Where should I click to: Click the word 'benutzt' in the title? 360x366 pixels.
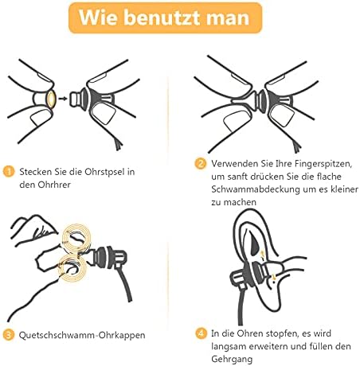click(x=162, y=18)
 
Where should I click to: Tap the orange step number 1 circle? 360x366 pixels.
click(x=9, y=172)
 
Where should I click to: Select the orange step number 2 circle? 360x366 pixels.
click(x=201, y=164)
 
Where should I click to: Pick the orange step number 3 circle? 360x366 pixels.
click(x=9, y=335)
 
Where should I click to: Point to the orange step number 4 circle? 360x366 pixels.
click(x=201, y=333)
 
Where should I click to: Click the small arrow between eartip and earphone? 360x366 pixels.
click(x=63, y=99)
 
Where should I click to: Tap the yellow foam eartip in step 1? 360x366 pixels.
click(x=50, y=99)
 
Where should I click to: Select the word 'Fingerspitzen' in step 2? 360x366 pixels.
click(x=323, y=164)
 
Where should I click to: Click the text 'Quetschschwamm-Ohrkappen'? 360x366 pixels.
click(x=82, y=335)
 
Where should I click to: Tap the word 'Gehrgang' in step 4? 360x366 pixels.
click(x=232, y=360)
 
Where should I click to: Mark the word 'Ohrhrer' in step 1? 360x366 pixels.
click(x=54, y=185)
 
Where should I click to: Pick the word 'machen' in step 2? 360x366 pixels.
click(x=240, y=202)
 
